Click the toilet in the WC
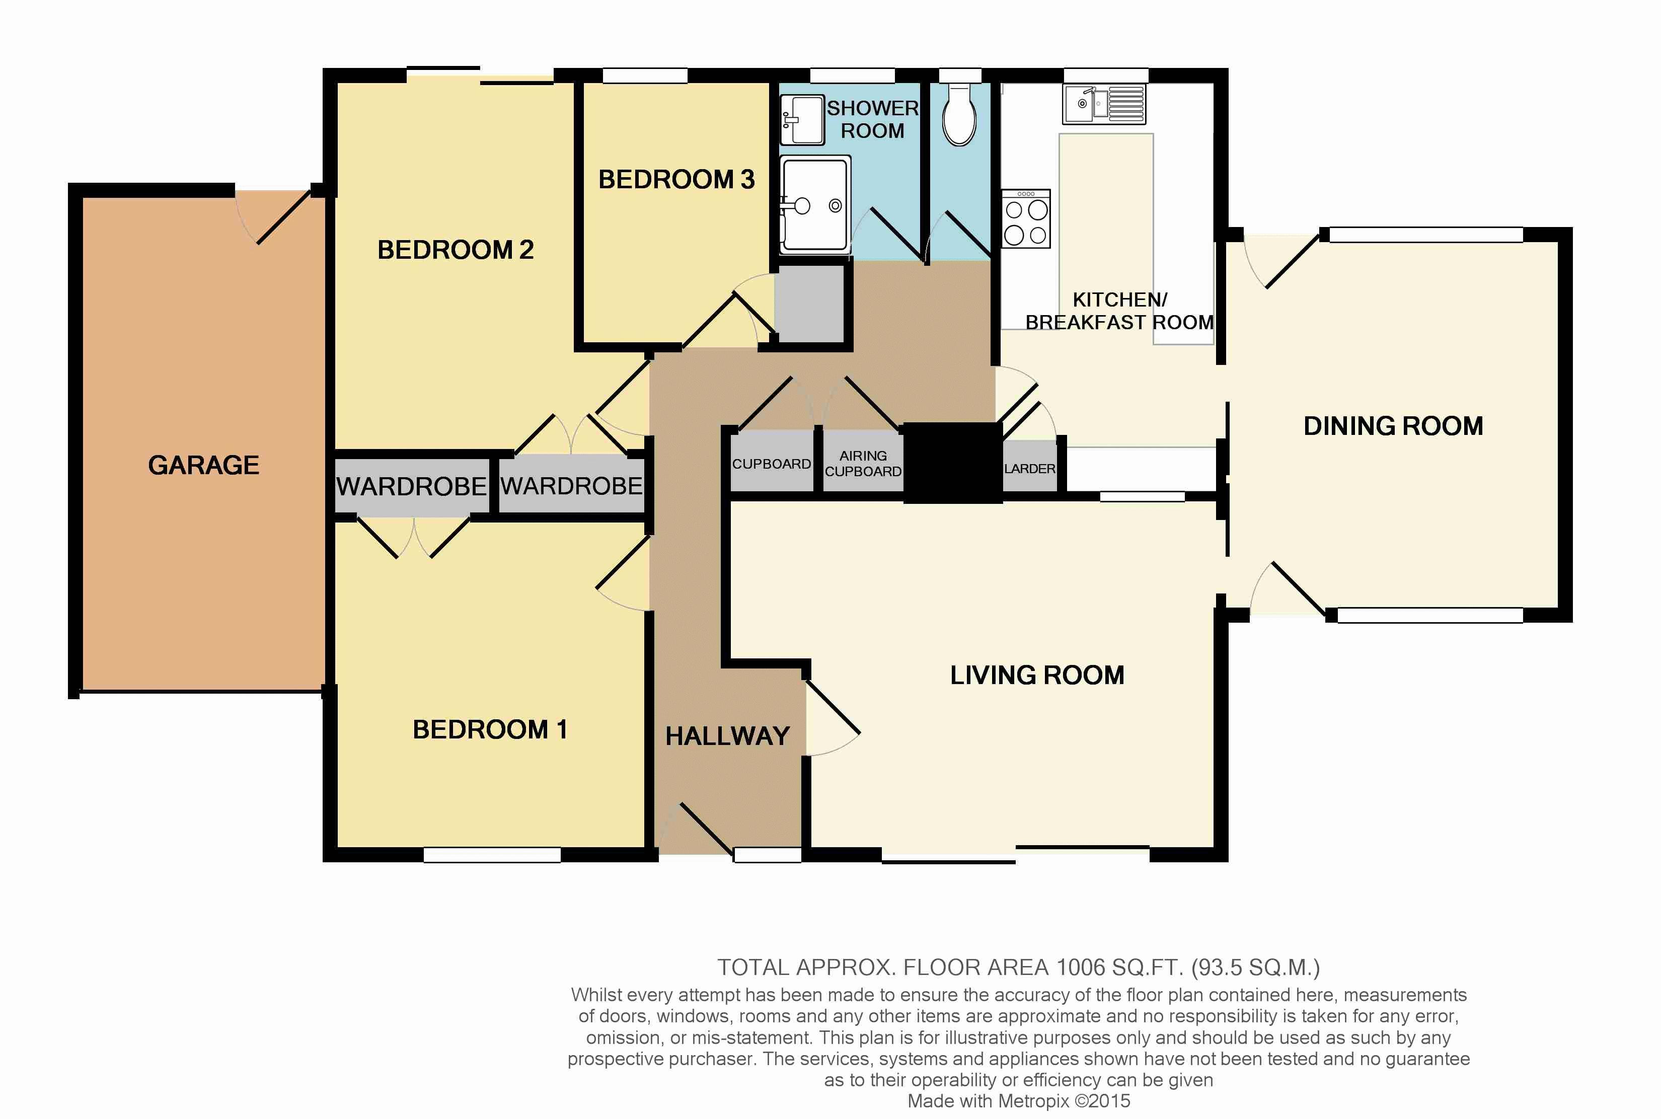point(960,114)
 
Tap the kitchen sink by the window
point(1104,104)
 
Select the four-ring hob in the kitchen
point(1026,218)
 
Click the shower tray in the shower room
point(815,205)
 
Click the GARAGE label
point(203,465)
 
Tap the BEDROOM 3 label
point(676,179)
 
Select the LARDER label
point(1029,469)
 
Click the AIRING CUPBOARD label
point(863,463)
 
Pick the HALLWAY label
point(728,736)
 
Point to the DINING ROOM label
point(1393,426)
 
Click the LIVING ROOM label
point(1037,675)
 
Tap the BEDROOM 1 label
point(490,729)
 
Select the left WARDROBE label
point(412,487)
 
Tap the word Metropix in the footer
point(1034,1101)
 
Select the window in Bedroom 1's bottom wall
point(492,854)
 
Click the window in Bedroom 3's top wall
point(645,76)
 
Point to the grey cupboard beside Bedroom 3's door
point(809,304)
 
